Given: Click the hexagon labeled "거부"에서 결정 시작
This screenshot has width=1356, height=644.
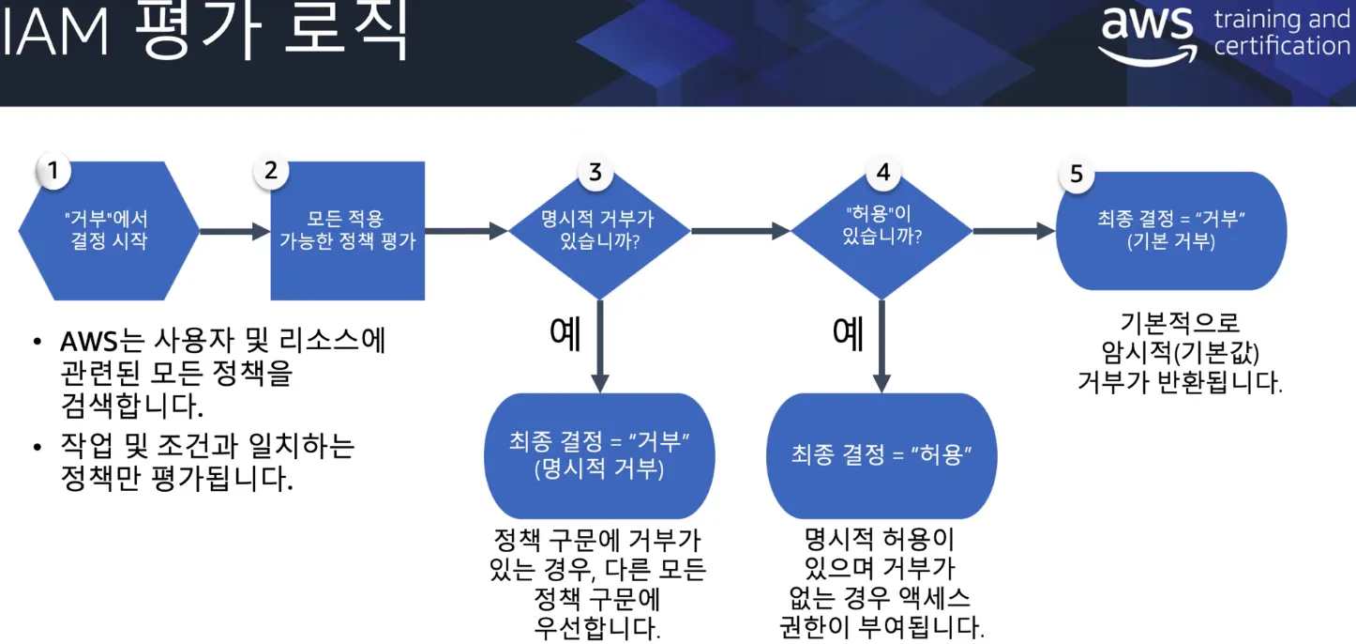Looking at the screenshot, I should [x=109, y=230].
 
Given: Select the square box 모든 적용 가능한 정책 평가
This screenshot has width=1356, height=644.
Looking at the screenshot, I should [x=347, y=230].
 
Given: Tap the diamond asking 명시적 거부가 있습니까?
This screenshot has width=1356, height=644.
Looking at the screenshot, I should [x=597, y=230].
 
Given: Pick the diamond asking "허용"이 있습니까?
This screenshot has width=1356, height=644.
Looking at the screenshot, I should [x=881, y=230].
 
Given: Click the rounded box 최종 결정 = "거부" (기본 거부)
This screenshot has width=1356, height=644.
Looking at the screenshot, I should [x=1170, y=230].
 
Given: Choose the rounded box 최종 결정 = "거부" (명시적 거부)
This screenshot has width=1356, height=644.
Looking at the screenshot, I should [x=599, y=455].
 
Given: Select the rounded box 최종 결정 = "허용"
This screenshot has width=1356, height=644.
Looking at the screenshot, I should [x=881, y=455].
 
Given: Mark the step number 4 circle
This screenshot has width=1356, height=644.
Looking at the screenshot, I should [x=881, y=172].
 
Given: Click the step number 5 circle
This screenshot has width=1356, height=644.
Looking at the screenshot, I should [x=1076, y=174].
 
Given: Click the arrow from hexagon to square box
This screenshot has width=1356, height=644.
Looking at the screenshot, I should [x=234, y=231].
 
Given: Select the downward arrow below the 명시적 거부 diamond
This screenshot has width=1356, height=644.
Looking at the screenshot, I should [x=599, y=347].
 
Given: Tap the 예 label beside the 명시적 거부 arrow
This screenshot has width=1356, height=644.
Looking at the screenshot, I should [x=565, y=333].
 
